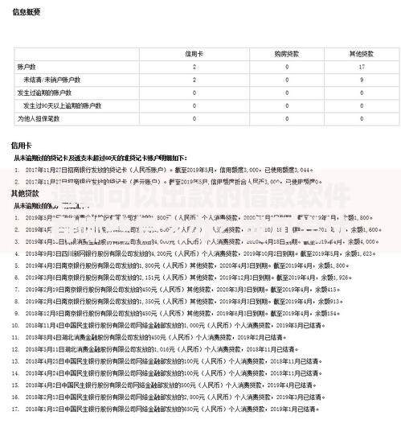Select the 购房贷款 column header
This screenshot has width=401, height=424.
286,53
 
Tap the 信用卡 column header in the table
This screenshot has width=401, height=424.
194,53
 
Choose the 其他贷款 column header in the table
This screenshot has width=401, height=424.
361,53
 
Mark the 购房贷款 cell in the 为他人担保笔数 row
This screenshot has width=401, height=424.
286,118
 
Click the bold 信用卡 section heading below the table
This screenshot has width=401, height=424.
21,146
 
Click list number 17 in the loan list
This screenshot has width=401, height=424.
17,411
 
